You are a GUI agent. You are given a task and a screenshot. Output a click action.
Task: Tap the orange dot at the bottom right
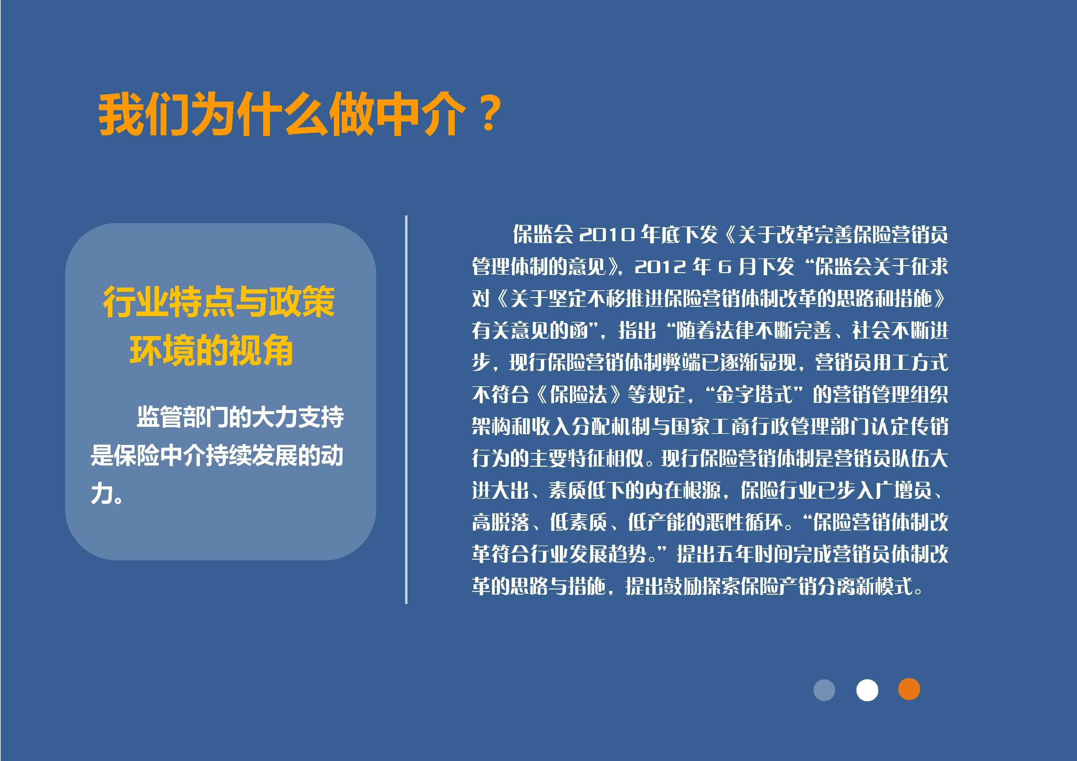click(909, 689)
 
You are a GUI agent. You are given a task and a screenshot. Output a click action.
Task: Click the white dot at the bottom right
click(867, 690)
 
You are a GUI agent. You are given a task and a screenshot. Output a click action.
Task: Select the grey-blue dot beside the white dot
click(824, 690)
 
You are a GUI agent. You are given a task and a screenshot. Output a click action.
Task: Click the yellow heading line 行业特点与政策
click(219, 302)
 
